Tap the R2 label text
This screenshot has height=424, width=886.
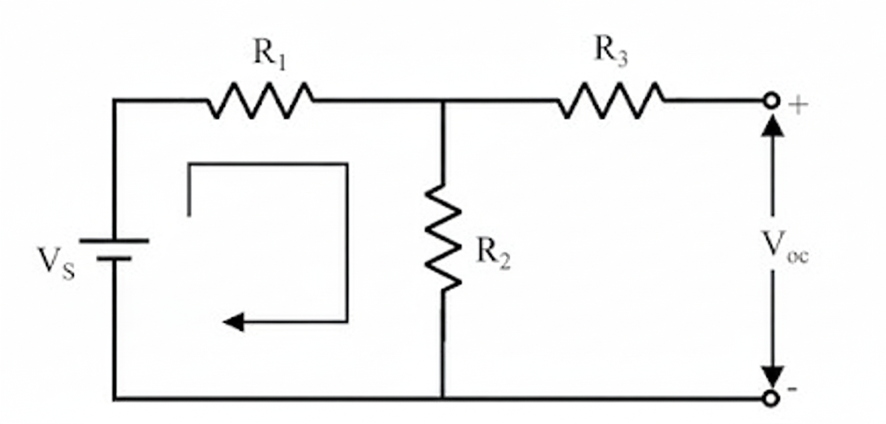[x=493, y=253]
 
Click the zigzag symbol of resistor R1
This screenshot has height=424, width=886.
[x=260, y=101]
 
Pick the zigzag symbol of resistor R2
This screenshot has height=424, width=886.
[x=443, y=237]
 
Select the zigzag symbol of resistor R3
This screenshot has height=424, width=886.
[x=611, y=101]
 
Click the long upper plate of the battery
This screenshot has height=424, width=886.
[x=114, y=240]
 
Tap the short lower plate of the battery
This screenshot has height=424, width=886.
[x=114, y=258]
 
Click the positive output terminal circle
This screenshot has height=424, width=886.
[x=771, y=101]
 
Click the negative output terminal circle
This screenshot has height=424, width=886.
[x=771, y=398]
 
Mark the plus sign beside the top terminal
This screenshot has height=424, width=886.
[x=799, y=107]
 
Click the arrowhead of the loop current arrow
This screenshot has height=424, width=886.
[x=234, y=322]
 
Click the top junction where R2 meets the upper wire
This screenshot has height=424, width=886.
[x=443, y=101]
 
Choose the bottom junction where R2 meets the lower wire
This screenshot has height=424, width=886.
[x=443, y=398]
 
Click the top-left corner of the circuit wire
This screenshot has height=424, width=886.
[x=114, y=101]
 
